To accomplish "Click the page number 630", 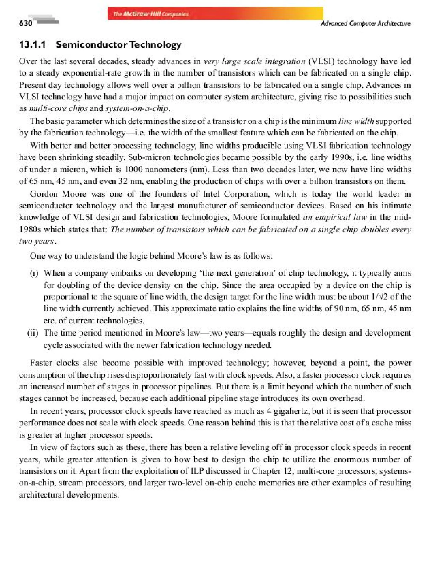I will pos(26,23).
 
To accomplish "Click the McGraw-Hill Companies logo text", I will pos(151,14).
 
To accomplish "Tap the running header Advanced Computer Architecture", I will pos(365,24).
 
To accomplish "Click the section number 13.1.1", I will pos(33,45).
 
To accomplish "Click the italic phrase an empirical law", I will pos(335,218).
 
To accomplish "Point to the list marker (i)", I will pos(34,273).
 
